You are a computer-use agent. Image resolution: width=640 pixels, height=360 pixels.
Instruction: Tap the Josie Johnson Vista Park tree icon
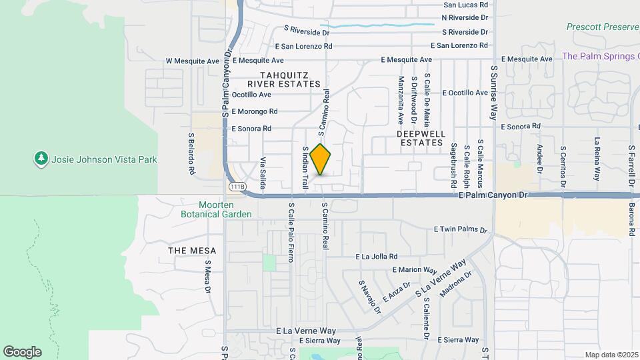[x=41, y=159]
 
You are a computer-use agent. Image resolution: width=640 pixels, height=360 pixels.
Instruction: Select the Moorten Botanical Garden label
[x=216, y=209]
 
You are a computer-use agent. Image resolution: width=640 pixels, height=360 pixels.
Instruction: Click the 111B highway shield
[x=237, y=187]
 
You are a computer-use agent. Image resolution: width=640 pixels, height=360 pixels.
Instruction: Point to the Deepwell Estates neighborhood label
[x=420, y=138]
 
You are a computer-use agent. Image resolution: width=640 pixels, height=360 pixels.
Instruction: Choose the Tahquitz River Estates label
[x=284, y=79]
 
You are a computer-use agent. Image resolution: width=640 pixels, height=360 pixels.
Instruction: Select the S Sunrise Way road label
[x=494, y=92]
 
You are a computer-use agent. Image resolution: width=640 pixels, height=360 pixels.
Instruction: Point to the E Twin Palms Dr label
[x=461, y=229]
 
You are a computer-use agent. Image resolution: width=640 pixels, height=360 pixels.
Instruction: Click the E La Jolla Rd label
[x=377, y=256]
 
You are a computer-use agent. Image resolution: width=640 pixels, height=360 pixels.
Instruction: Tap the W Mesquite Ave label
[x=193, y=61]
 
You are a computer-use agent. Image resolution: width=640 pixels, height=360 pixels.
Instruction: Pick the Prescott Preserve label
[x=602, y=27]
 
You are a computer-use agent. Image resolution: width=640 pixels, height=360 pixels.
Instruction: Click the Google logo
[x=22, y=352]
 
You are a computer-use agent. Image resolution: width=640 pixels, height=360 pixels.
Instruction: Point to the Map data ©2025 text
[x=611, y=355]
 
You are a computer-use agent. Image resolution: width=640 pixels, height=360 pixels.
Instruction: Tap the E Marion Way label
[x=414, y=270]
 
